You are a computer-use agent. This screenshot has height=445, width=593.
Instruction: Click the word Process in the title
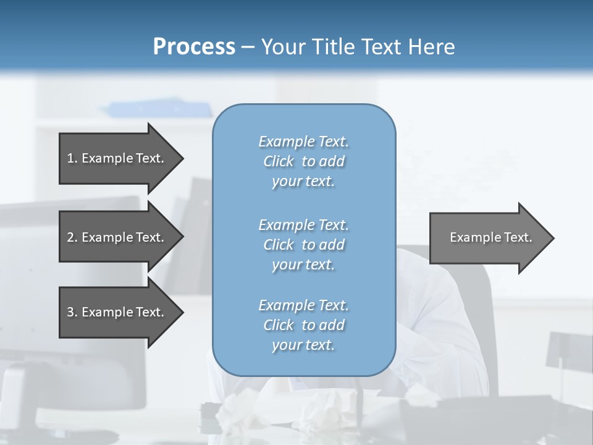[194, 47]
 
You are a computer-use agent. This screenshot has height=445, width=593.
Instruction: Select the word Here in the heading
[432, 47]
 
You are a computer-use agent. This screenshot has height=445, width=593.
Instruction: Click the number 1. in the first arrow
[72, 158]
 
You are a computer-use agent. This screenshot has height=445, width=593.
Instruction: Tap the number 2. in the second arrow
[72, 237]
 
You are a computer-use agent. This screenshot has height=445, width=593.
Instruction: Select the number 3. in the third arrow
[72, 312]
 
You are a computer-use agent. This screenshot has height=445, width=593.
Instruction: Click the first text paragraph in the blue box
[304, 161]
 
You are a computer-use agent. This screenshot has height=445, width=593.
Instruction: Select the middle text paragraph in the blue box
[304, 244]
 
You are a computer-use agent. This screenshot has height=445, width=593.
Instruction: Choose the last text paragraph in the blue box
[304, 325]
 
